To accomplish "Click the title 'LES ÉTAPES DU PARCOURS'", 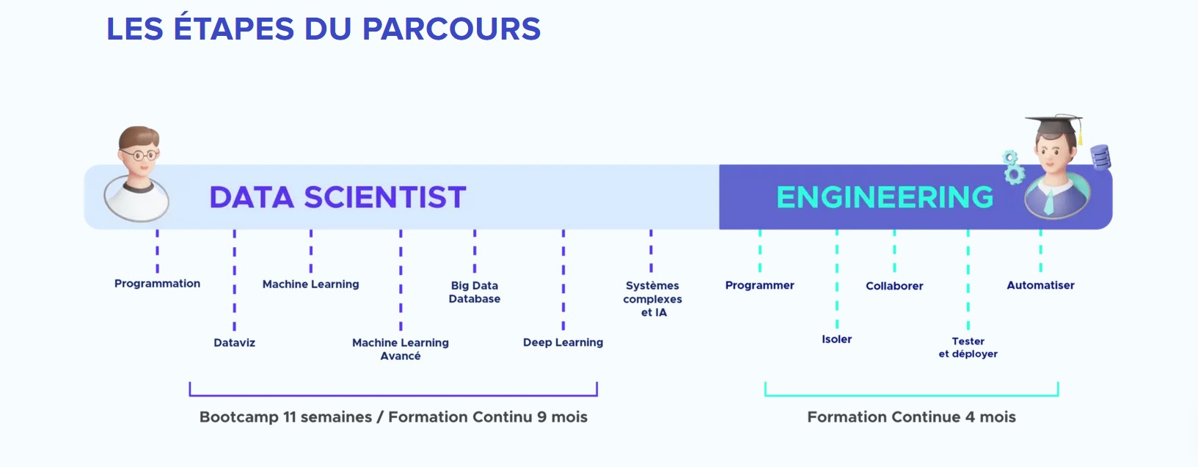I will (324, 29).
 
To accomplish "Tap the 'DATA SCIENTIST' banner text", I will (338, 197).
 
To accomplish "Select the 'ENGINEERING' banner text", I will (885, 197).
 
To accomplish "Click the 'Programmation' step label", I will (157, 284).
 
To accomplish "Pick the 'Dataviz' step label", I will (235, 342).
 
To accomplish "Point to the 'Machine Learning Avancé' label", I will (401, 349).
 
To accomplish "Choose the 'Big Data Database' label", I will (475, 292).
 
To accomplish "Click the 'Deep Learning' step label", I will (563, 342).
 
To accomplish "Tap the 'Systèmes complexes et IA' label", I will (653, 299).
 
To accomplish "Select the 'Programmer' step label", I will (759, 285).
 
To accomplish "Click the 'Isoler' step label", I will (837, 339).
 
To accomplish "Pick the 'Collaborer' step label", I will (894, 286).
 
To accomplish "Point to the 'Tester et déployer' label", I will (968, 348).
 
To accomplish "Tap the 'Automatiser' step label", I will (1040, 285).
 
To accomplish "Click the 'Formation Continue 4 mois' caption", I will (911, 417).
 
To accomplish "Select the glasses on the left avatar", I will (140, 155).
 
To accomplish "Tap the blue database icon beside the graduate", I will (1100, 157).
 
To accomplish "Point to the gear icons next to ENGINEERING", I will (1012, 167).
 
